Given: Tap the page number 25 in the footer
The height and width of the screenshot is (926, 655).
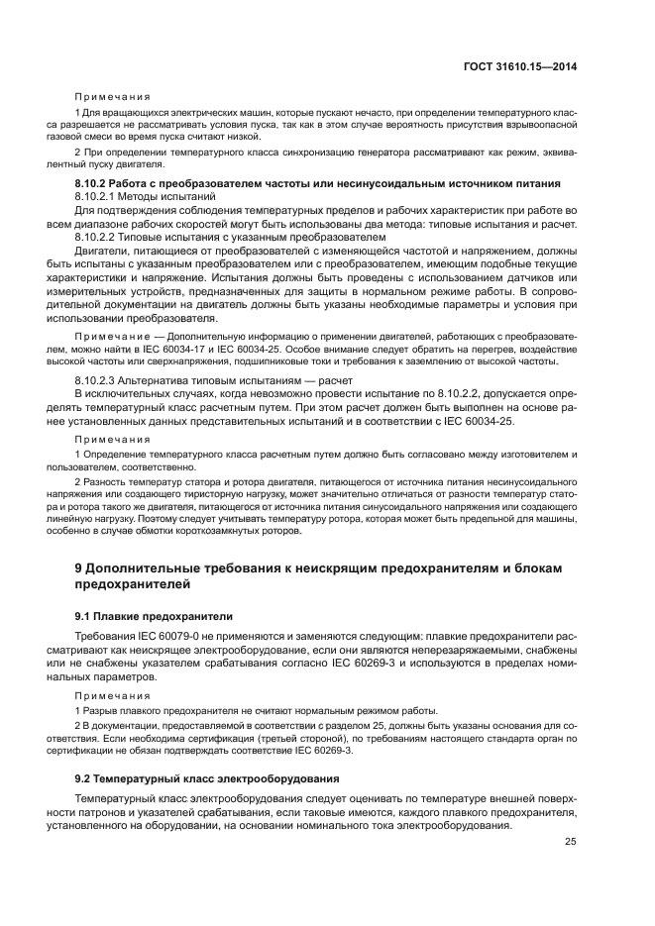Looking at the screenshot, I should [570, 843].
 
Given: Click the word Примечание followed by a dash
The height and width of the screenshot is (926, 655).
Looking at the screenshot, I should [109, 337].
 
